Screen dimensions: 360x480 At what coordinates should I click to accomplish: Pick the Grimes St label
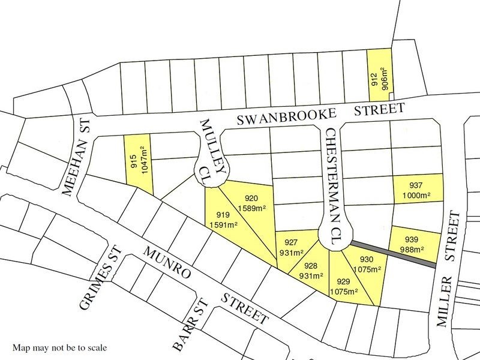coord(95,278)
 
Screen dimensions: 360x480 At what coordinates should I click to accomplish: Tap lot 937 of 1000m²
coord(418,190)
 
